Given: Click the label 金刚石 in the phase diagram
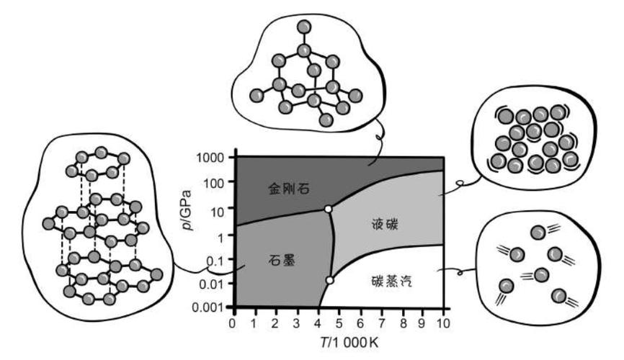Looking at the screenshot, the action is click(288, 188).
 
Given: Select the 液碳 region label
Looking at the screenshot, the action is click(384, 225).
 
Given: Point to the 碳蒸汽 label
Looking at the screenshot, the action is click(391, 282).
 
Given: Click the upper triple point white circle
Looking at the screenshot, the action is click(328, 209).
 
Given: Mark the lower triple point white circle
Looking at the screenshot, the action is click(329, 280).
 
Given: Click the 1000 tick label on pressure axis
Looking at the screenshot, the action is click(210, 158).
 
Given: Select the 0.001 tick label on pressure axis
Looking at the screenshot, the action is click(208, 307).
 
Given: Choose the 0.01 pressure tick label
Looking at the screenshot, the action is click(211, 284).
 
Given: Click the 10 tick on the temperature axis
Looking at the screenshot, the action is click(442, 323).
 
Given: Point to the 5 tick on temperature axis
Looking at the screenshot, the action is click(339, 323).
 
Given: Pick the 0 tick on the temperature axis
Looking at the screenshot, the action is click(233, 323).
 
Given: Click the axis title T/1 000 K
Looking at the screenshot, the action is click(349, 342).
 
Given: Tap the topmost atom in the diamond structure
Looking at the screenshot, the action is click(305, 27).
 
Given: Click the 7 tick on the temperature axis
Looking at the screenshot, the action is click(382, 323).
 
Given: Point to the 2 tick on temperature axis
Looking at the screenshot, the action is click(275, 323).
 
